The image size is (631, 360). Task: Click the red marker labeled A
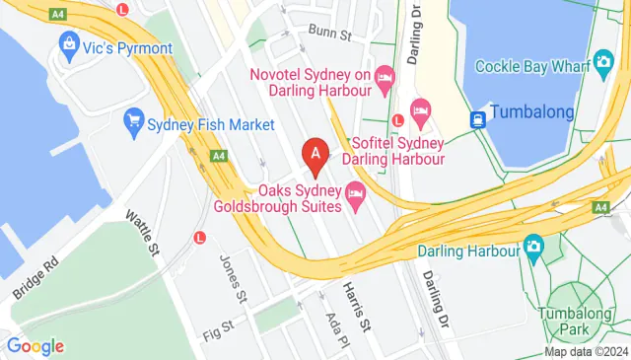click(x=315, y=154)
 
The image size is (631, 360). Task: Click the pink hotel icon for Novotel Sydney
click(x=385, y=75)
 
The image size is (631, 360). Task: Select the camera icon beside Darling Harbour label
click(x=533, y=246)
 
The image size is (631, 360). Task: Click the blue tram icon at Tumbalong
click(x=477, y=119)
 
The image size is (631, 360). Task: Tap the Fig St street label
click(x=215, y=324)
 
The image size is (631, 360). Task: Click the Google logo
click(x=35, y=346)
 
